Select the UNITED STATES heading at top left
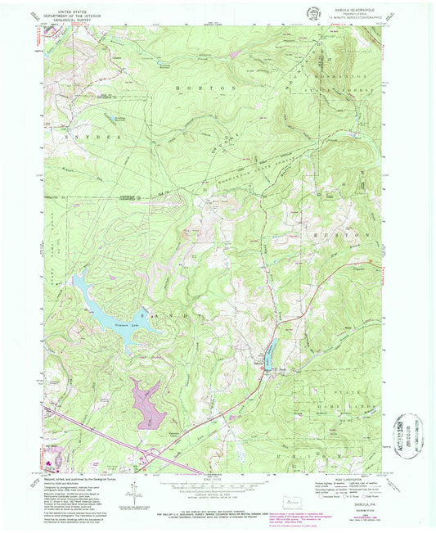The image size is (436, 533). [x=68, y=10]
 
